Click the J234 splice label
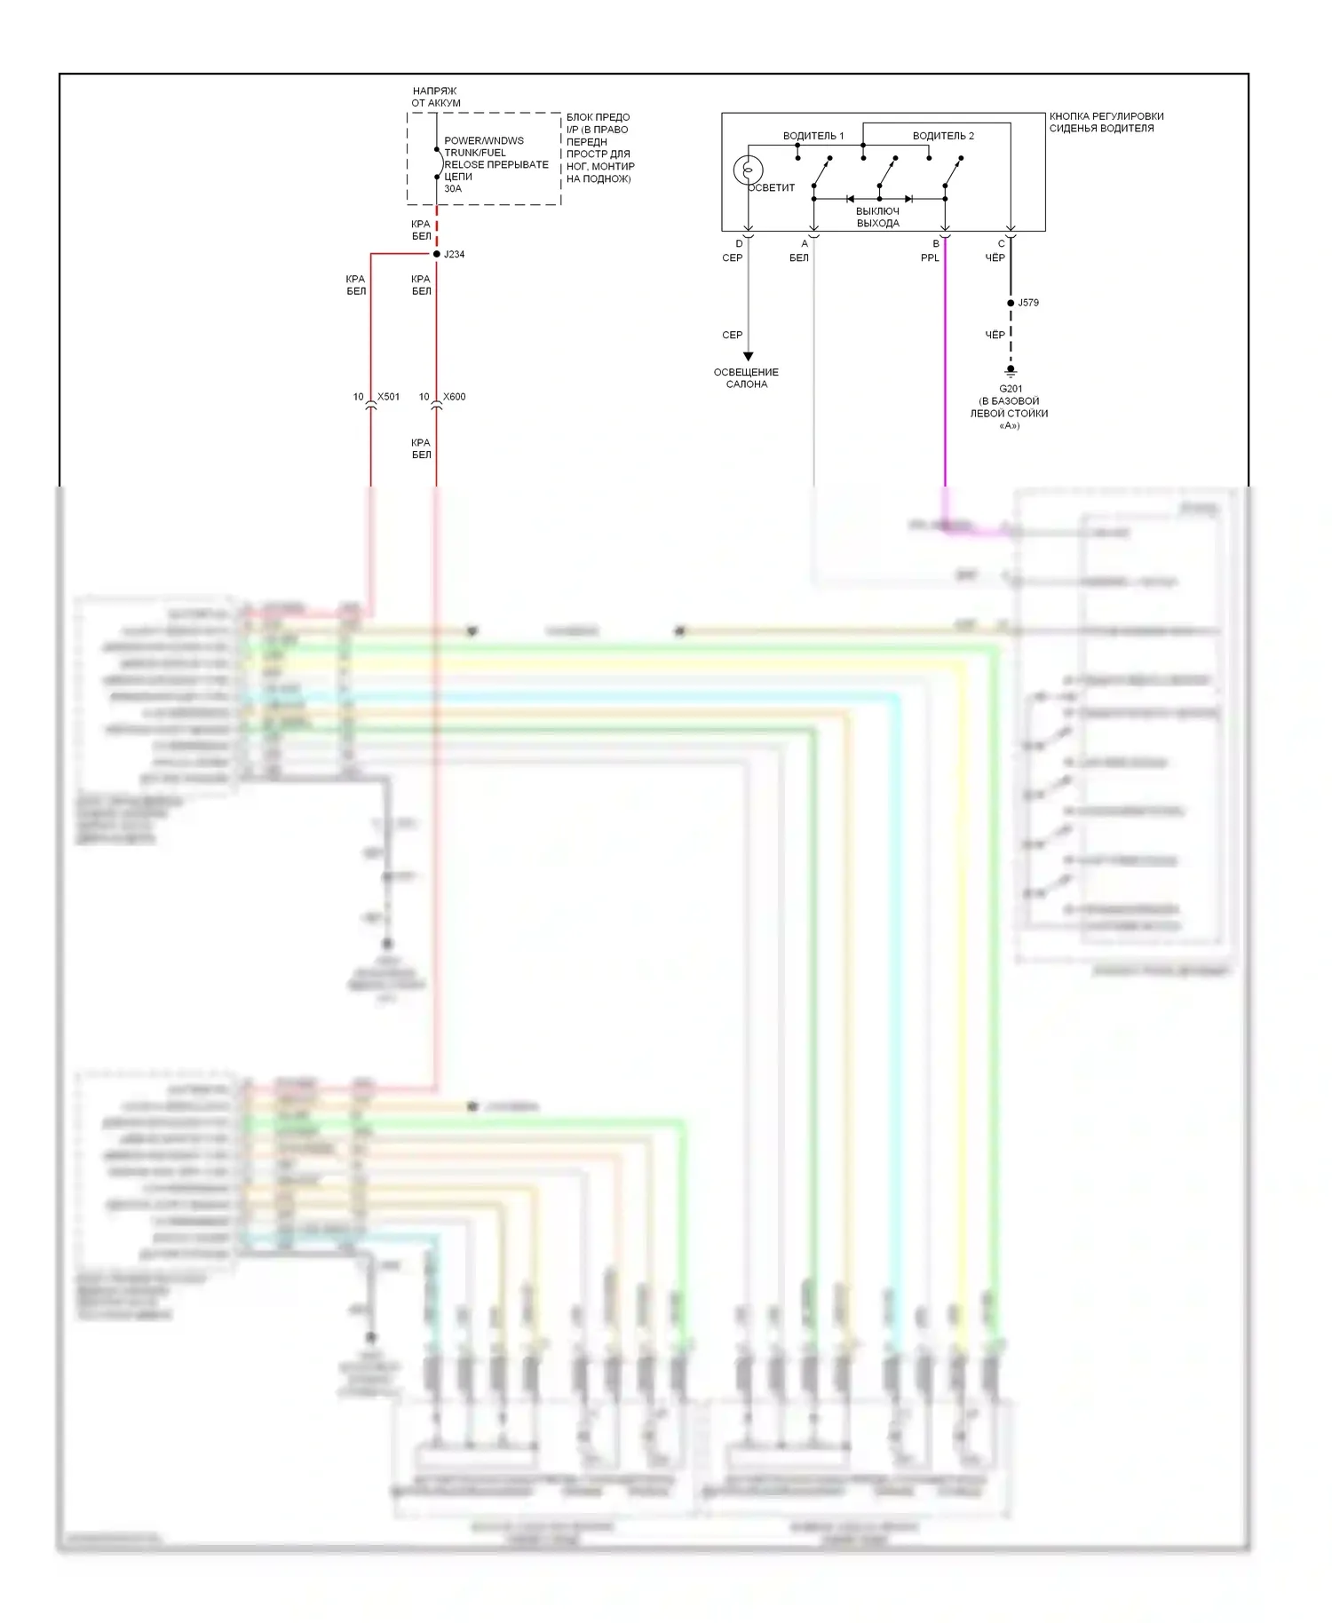tap(454, 255)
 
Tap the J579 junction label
tap(1027, 303)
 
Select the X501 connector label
tap(388, 397)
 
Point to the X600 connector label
tap(454, 397)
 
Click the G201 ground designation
tap(1011, 389)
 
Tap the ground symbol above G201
tap(1011, 371)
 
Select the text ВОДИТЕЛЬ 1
tap(813, 136)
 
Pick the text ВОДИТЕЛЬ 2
tap(943, 136)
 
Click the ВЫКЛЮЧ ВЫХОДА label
tap(877, 218)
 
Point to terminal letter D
tap(739, 244)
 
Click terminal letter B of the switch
tap(936, 244)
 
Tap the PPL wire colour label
tap(930, 258)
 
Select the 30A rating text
tap(453, 188)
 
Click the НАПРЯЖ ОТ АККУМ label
tap(435, 97)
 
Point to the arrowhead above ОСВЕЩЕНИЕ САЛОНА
tap(748, 357)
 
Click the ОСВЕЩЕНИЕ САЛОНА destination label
tap(746, 378)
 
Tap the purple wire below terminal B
tap(945, 373)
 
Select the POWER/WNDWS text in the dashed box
tap(484, 141)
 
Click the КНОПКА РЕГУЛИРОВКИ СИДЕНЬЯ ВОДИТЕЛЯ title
tap(1106, 123)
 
